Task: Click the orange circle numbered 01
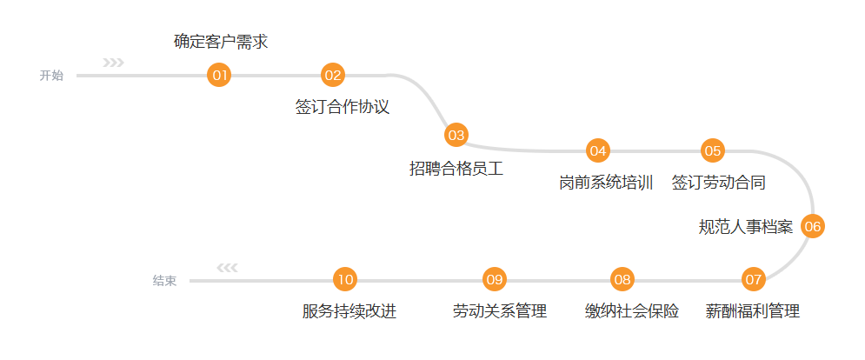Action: [x=219, y=76]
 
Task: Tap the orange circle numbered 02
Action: [x=333, y=76]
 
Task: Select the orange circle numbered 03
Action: [x=456, y=135]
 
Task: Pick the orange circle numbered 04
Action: [x=597, y=150]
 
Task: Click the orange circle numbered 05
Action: [x=713, y=150]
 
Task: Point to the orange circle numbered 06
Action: [x=812, y=227]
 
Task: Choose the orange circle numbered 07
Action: [x=753, y=280]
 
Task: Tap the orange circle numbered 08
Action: [x=622, y=280]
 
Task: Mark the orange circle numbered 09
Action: [x=495, y=280]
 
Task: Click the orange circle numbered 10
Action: [x=345, y=280]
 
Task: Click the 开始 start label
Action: [x=51, y=76]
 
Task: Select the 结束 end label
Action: [x=165, y=281]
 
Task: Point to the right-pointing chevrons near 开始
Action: [x=113, y=63]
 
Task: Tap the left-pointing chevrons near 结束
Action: [x=227, y=268]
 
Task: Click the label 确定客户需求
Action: [x=220, y=42]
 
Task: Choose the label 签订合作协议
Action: [x=342, y=107]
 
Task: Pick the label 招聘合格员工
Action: [x=456, y=169]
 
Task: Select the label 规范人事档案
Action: [x=746, y=228]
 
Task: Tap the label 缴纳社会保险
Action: [x=632, y=311]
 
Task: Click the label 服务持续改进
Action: [x=349, y=311]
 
